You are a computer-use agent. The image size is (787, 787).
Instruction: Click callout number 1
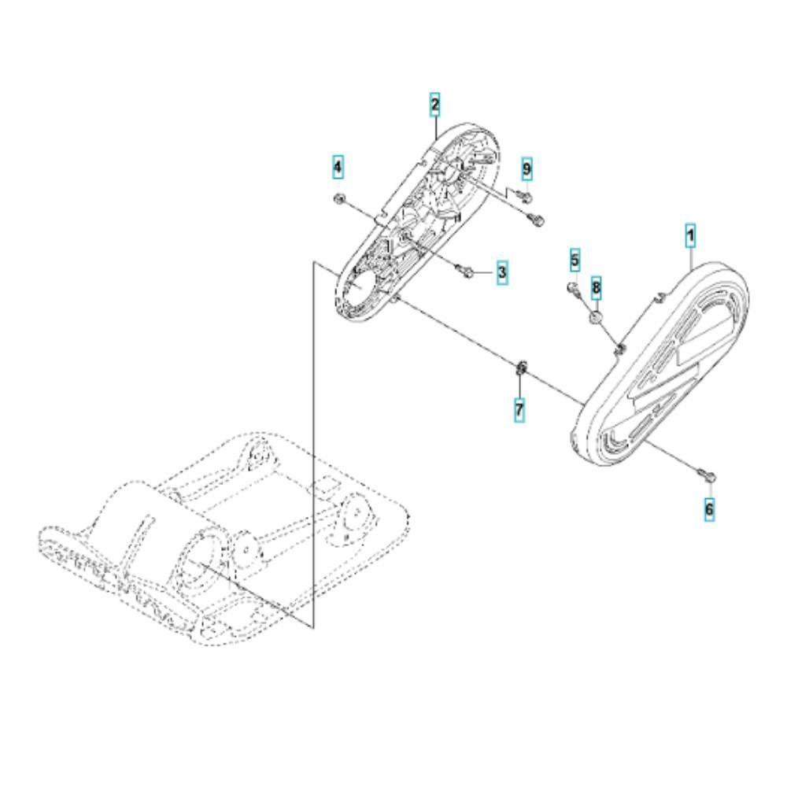click(691, 235)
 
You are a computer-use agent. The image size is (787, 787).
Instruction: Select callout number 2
click(434, 105)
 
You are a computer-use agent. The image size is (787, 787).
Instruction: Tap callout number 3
click(502, 272)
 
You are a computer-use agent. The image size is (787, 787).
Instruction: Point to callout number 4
click(338, 167)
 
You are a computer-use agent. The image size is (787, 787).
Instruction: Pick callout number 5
click(575, 260)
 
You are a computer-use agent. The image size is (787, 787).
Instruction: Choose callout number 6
click(709, 510)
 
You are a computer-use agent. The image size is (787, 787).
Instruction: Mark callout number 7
click(519, 409)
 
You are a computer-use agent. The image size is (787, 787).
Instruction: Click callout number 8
click(596, 287)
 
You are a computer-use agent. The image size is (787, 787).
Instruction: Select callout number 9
click(527, 168)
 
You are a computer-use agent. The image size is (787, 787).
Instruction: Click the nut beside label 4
click(338, 200)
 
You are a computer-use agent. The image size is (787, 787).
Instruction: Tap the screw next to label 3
click(464, 272)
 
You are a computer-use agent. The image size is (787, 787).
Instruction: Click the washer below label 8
click(596, 317)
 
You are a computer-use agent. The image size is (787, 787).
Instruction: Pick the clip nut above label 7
click(520, 368)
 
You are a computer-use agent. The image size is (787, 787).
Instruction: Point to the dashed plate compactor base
click(226, 537)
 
